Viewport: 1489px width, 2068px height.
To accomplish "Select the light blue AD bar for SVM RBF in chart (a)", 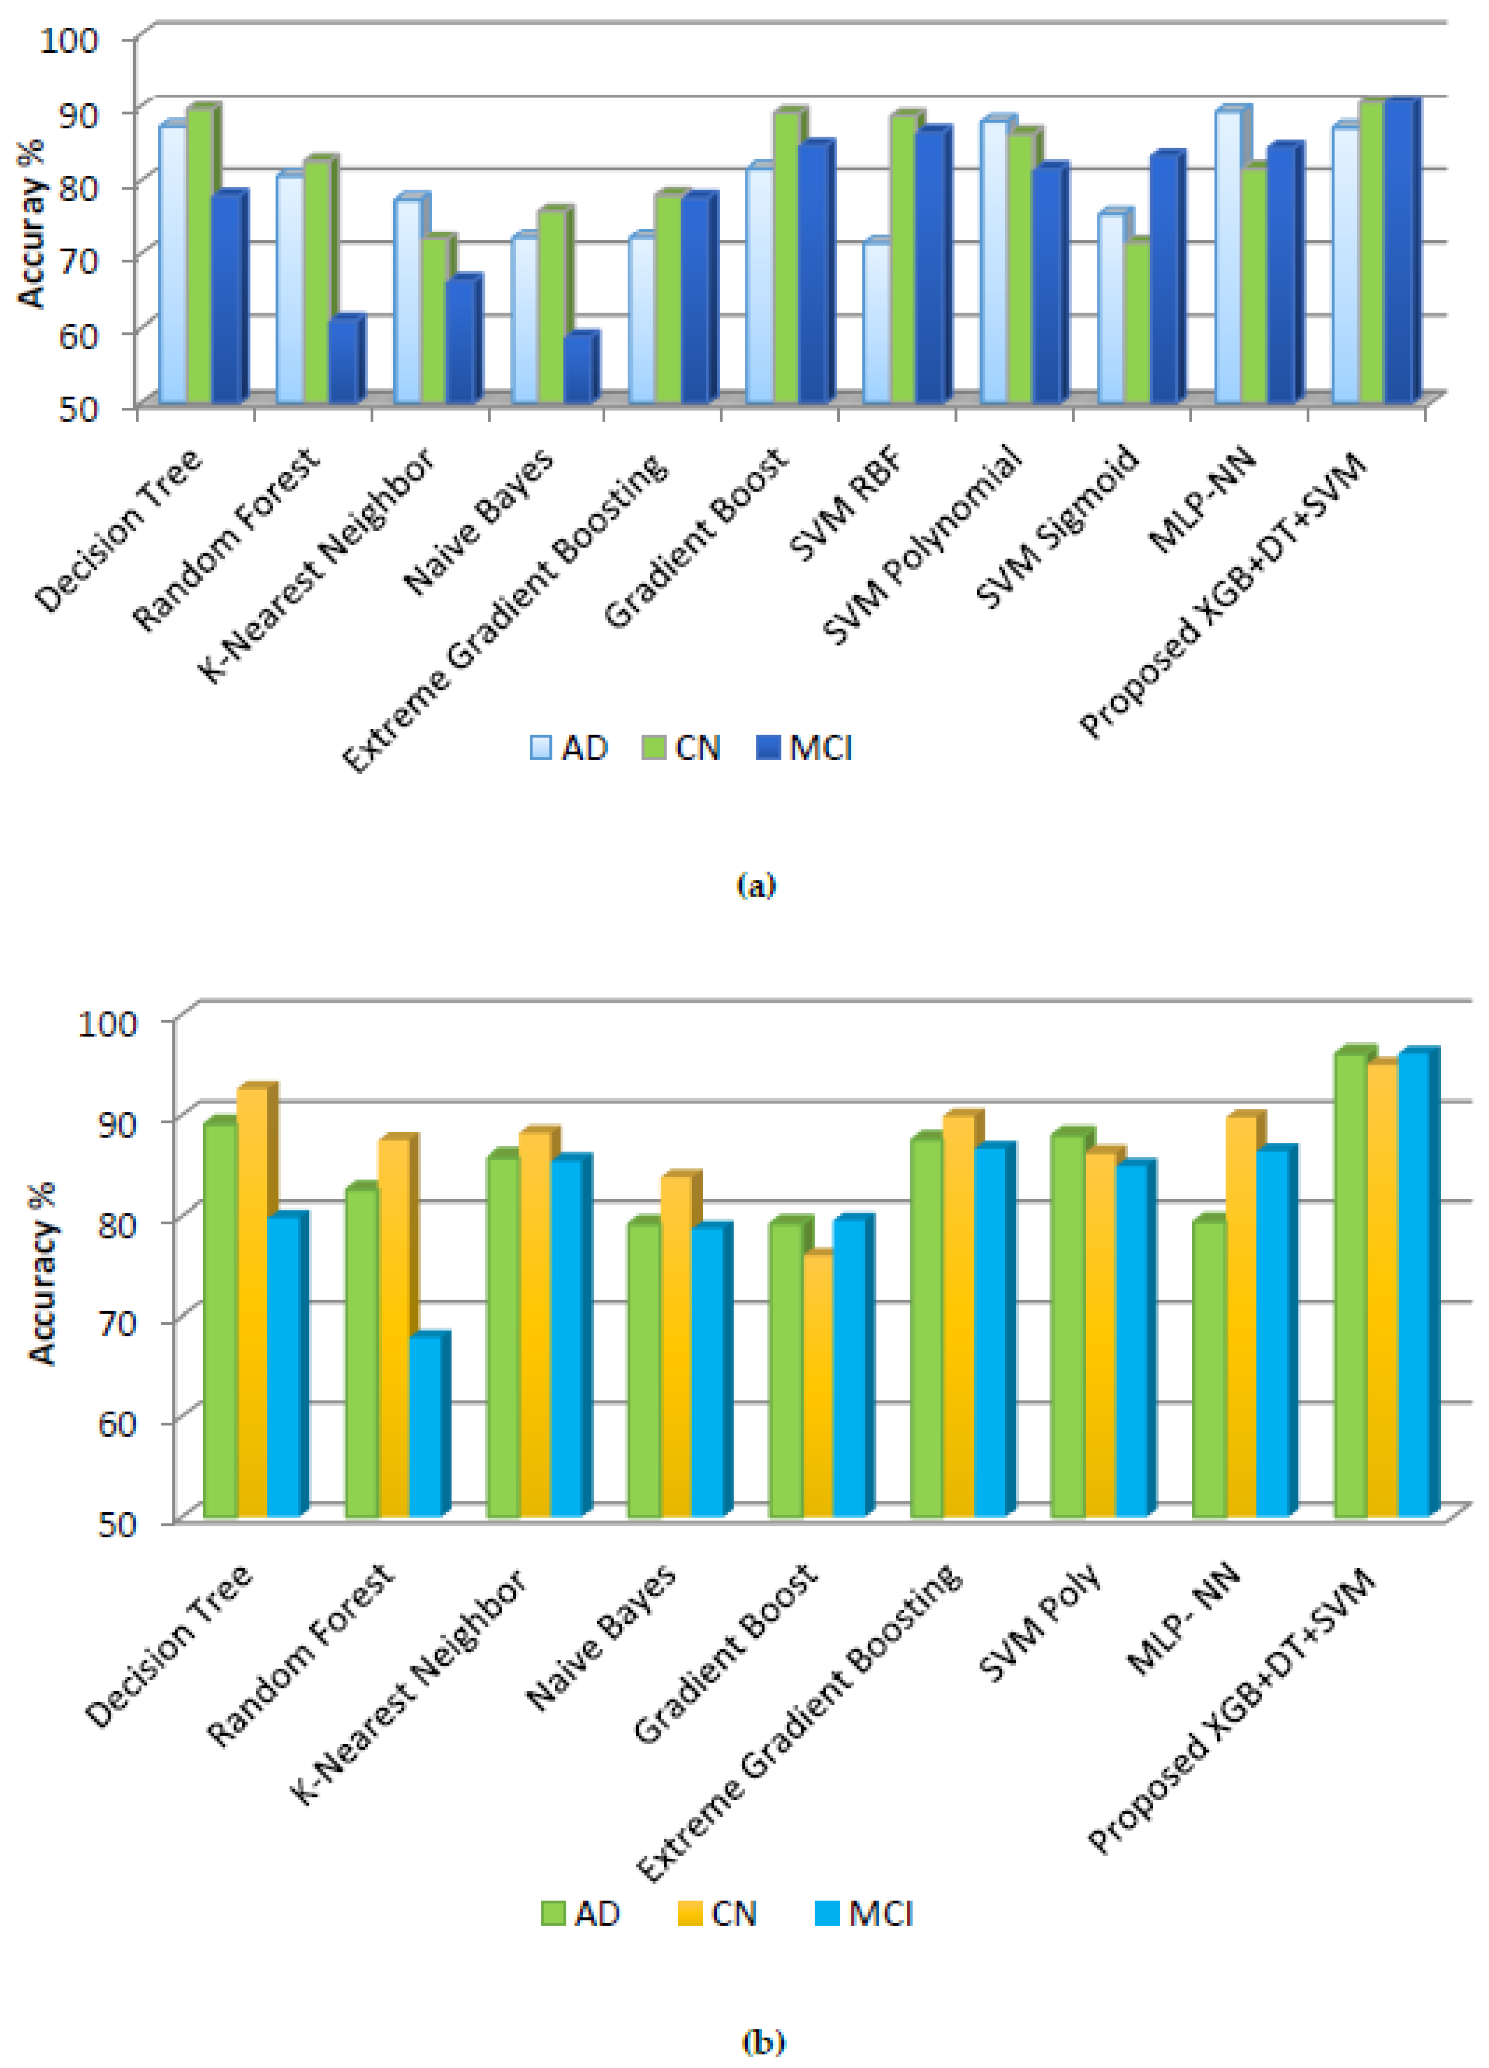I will (876, 324).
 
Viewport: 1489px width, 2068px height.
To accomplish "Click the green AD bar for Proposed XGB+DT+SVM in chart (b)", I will (1350, 1286).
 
